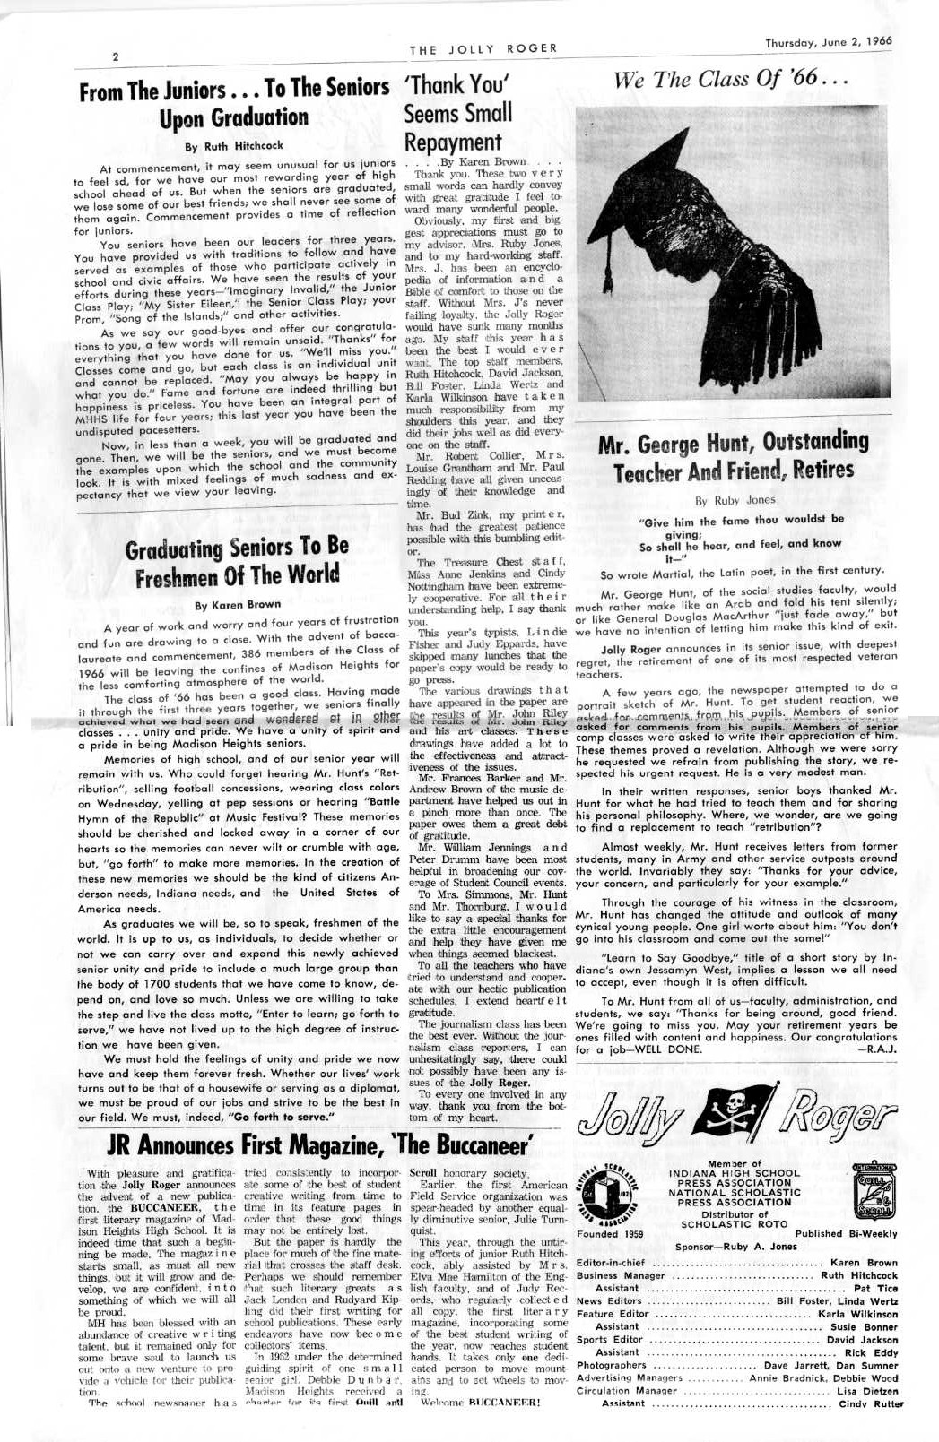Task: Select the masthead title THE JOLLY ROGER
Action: click(x=483, y=48)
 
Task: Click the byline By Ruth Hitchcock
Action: click(x=233, y=145)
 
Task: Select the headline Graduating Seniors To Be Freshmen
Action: click(x=238, y=561)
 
